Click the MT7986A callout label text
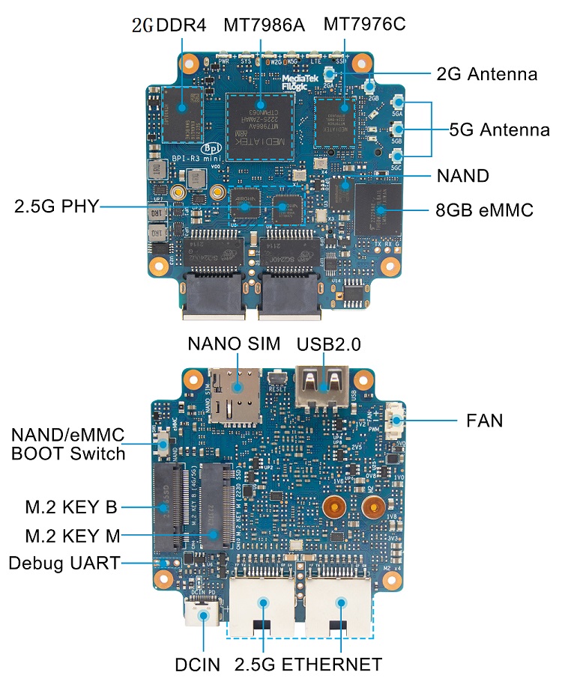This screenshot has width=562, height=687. [x=264, y=25]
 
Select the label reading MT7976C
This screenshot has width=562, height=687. [x=364, y=24]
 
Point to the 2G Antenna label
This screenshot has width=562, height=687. [x=486, y=74]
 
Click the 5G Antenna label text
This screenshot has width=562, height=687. [x=499, y=129]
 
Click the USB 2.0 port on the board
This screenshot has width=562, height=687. [x=323, y=386]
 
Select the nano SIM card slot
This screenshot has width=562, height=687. [x=236, y=394]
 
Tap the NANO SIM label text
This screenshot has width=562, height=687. [x=234, y=344]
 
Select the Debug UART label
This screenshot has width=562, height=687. [x=64, y=563]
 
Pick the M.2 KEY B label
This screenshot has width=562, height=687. [x=71, y=508]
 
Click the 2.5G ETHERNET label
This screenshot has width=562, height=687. [x=308, y=665]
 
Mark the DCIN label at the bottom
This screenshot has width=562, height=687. [x=198, y=665]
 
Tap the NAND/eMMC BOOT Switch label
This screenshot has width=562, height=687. [x=68, y=445]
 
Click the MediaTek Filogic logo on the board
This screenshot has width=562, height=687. [x=303, y=82]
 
